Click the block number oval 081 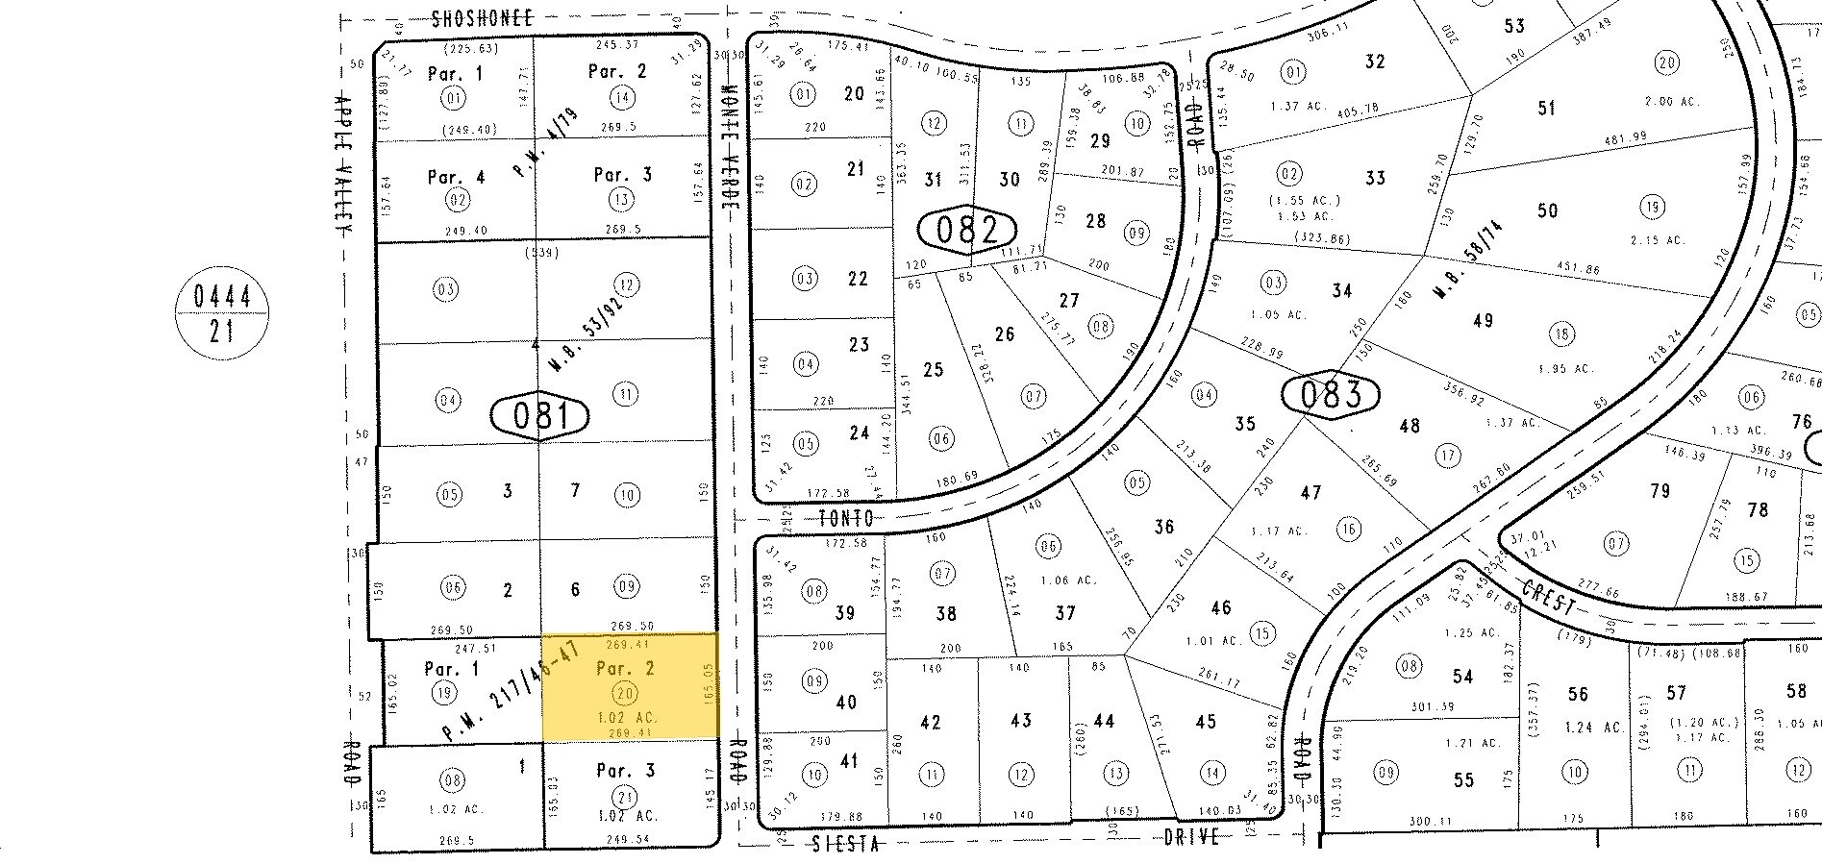539,416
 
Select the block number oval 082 967,230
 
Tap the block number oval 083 1332,394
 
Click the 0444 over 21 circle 221,313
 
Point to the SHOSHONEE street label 482,18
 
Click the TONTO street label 846,518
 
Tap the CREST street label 1547,597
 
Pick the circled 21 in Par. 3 626,796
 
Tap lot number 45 1206,722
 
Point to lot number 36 1163,526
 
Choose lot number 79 1660,491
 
